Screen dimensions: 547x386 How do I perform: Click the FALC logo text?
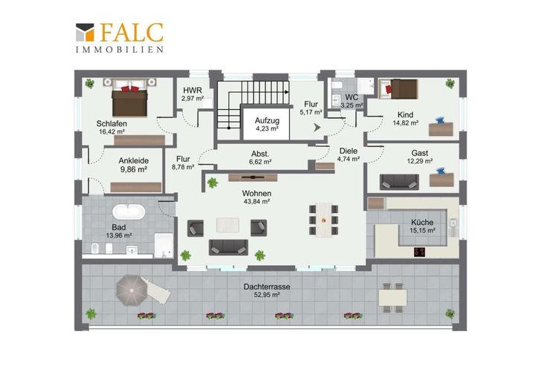(x=132, y=33)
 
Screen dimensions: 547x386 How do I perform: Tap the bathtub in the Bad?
(x=129, y=212)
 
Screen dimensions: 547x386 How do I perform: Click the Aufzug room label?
(x=267, y=120)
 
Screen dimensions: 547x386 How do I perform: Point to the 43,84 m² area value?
(x=256, y=201)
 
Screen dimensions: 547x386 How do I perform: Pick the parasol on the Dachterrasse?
(x=131, y=290)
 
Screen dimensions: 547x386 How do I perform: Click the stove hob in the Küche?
(x=420, y=252)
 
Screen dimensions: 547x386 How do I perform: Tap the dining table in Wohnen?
(x=324, y=220)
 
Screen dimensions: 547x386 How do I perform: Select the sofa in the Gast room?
(x=399, y=182)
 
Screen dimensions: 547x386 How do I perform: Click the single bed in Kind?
(x=398, y=89)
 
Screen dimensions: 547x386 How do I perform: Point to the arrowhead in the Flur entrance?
(x=317, y=128)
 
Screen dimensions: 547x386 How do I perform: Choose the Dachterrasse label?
(x=267, y=287)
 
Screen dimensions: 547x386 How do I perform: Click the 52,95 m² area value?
(x=267, y=295)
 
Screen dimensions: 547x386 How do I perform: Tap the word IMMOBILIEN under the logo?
(x=120, y=50)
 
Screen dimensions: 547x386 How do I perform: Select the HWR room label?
(x=192, y=91)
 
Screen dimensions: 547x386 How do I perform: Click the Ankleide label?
(x=134, y=160)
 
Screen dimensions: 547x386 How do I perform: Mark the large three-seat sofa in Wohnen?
(x=228, y=247)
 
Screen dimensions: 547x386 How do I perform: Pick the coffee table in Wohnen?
(x=228, y=225)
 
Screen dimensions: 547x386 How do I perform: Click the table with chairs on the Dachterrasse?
(x=393, y=298)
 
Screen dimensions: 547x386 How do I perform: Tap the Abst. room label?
(x=260, y=154)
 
